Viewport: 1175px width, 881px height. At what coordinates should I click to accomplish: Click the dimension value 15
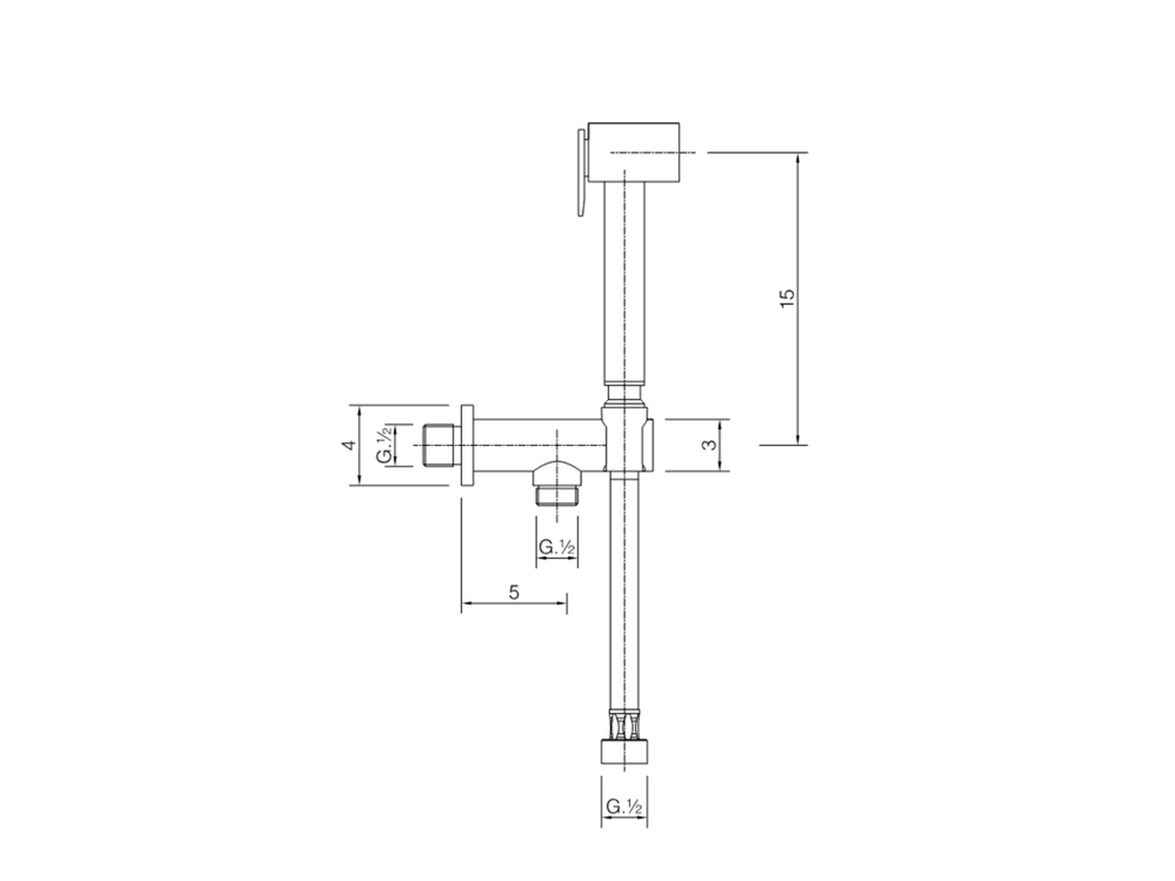tap(788, 298)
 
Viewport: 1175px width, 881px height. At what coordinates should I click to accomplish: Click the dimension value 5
tap(514, 592)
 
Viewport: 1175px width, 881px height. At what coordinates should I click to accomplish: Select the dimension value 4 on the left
tap(348, 445)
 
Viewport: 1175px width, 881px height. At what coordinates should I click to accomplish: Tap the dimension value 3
tap(708, 445)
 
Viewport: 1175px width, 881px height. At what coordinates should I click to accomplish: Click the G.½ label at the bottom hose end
tap(623, 807)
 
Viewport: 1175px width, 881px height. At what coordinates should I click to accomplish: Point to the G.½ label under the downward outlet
tap(556, 547)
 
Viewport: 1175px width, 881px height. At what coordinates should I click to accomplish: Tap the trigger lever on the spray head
tap(580, 173)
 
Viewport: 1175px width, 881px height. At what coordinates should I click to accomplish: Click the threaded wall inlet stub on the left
tap(442, 445)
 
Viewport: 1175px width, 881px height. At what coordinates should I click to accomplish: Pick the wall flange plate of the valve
tap(466, 445)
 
